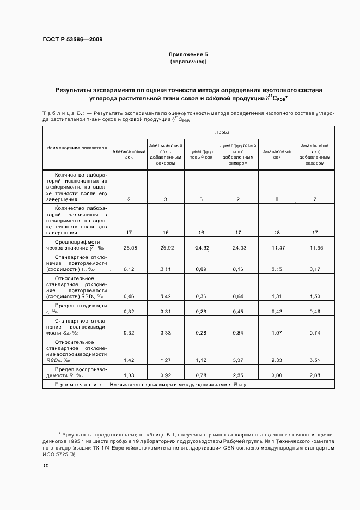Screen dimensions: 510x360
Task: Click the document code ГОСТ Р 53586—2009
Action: pos(72,40)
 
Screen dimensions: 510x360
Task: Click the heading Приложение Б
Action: pos(188,55)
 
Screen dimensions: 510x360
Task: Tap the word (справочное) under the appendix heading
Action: pos(188,62)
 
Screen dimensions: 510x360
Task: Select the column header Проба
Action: pos(222,132)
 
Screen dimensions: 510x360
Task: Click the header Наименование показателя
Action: pos(76,148)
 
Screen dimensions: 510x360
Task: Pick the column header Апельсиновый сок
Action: pos(129,154)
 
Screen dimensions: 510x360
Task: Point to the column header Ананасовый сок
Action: pos(277,154)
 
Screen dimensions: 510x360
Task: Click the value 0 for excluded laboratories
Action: pos(277,199)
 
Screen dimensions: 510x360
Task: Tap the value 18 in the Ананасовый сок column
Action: pos(277,233)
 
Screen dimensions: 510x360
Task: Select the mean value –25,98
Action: pos(129,248)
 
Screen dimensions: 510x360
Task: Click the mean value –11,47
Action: pos(277,248)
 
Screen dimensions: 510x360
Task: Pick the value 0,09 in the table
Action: pos(201,269)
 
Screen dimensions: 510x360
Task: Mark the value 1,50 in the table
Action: pos(315,295)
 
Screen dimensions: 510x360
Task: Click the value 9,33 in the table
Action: pos(277,360)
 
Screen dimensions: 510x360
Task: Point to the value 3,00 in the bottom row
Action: pos(277,375)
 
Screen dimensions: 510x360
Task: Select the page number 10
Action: pos(46,465)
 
